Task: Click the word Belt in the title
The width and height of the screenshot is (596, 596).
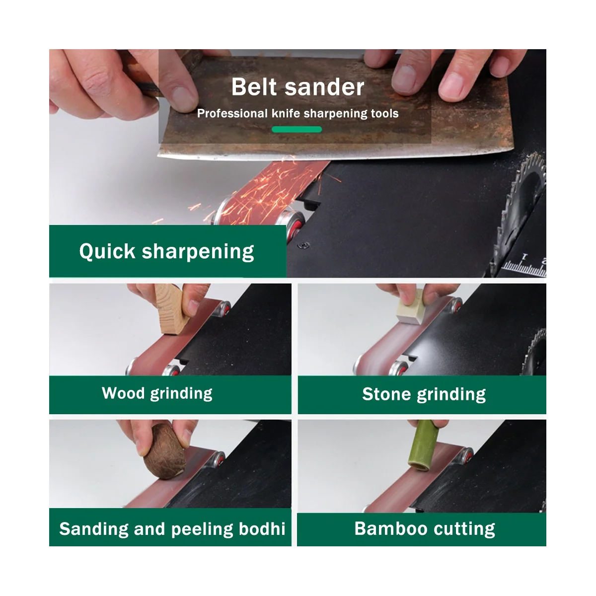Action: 254,87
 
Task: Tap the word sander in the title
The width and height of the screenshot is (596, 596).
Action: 324,87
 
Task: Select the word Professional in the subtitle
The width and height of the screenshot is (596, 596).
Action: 232,114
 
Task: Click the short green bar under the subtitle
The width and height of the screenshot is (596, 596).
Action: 297,129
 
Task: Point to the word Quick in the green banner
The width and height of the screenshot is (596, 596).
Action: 107,251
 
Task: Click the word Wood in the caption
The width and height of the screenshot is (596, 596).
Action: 123,393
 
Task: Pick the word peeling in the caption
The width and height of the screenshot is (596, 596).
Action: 202,529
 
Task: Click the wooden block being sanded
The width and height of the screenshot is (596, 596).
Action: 171,308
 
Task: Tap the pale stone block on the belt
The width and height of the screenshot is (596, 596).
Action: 410,307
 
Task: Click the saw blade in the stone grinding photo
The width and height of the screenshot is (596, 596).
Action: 534,352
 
